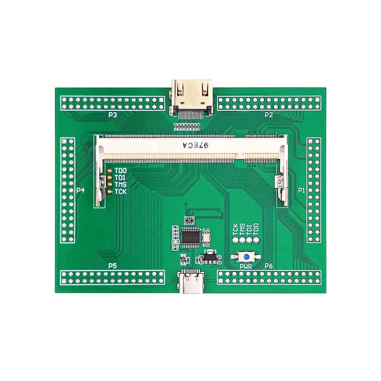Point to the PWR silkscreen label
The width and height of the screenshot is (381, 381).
coord(246,266)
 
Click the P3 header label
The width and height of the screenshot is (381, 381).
coord(112,114)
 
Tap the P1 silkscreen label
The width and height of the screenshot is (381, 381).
coord(301,190)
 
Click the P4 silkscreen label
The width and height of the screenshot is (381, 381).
coord(80,190)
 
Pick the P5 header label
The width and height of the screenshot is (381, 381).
coord(112,266)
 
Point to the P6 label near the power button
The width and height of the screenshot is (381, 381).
coord(269,266)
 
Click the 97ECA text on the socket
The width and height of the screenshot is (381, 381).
coord(195,146)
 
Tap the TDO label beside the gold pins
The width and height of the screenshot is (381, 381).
coord(120,171)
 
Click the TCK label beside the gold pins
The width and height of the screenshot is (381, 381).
coord(120,192)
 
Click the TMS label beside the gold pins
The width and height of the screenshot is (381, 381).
coord(120,185)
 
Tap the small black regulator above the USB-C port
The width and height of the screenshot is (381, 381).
coord(208,258)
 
